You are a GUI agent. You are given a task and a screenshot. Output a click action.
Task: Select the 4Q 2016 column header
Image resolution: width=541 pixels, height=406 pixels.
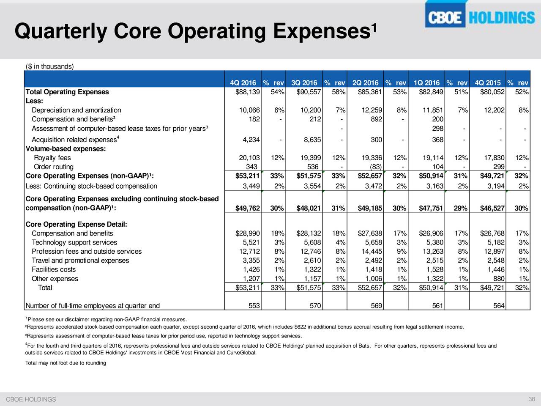[243, 82]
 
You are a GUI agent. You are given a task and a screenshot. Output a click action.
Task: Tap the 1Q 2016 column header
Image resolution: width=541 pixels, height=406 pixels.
[426, 82]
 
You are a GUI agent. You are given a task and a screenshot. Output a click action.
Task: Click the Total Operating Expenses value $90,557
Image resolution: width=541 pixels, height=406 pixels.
[309, 92]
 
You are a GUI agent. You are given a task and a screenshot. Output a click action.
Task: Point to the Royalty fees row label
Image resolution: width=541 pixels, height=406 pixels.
[52, 157]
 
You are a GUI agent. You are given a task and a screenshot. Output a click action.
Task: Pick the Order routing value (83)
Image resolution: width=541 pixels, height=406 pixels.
[376, 167]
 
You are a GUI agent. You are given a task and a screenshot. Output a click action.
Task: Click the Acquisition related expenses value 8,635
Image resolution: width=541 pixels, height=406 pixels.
[312, 140]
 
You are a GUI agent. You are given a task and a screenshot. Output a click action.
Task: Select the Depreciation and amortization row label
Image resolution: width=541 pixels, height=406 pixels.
[77, 110]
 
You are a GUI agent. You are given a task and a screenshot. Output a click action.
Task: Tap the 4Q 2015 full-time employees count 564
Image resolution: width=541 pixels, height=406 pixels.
[499, 306]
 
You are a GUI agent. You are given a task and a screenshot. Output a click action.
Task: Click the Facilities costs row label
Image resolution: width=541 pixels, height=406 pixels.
[54, 269]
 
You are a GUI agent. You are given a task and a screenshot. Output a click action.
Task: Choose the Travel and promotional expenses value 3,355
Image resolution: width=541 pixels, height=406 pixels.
[251, 261]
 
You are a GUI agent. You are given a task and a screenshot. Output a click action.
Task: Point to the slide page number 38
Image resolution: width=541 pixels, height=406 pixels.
[532, 399]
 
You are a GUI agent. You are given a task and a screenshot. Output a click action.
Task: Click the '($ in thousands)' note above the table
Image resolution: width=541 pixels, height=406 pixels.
[49, 66]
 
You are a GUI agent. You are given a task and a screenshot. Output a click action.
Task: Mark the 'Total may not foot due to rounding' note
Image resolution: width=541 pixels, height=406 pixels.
[66, 363]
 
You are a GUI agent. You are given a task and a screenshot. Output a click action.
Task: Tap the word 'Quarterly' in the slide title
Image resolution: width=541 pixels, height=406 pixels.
[61, 32]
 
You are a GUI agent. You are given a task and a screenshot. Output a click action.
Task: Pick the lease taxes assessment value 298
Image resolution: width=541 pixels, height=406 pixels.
[437, 129]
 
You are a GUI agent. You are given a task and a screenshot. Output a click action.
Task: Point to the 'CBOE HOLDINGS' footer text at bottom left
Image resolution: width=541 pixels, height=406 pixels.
[31, 399]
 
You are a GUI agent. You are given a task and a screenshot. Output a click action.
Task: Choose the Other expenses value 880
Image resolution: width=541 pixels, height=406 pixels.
[499, 279]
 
